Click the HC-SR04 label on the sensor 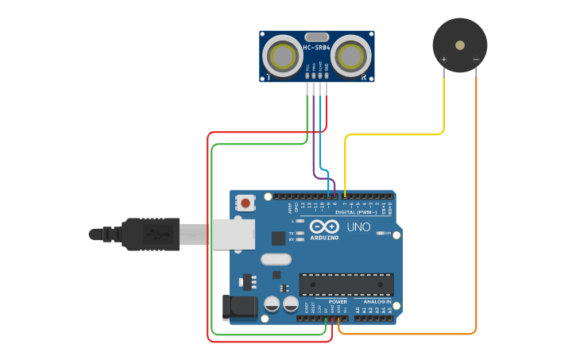tap(316, 48)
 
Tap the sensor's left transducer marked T tap(282, 56)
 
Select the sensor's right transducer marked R tap(350, 56)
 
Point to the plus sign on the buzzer tap(444, 60)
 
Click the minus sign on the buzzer tap(475, 60)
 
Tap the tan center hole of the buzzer tap(459, 45)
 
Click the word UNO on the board tap(358, 227)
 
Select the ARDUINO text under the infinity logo tap(324, 237)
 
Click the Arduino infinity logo tap(324, 226)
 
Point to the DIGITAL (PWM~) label tap(356, 212)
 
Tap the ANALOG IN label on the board tap(377, 302)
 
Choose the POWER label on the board tap(338, 302)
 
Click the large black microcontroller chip tap(346, 285)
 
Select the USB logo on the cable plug tap(154, 234)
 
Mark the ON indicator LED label tap(392, 234)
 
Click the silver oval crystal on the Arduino tap(276, 258)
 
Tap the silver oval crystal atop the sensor tap(316, 37)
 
